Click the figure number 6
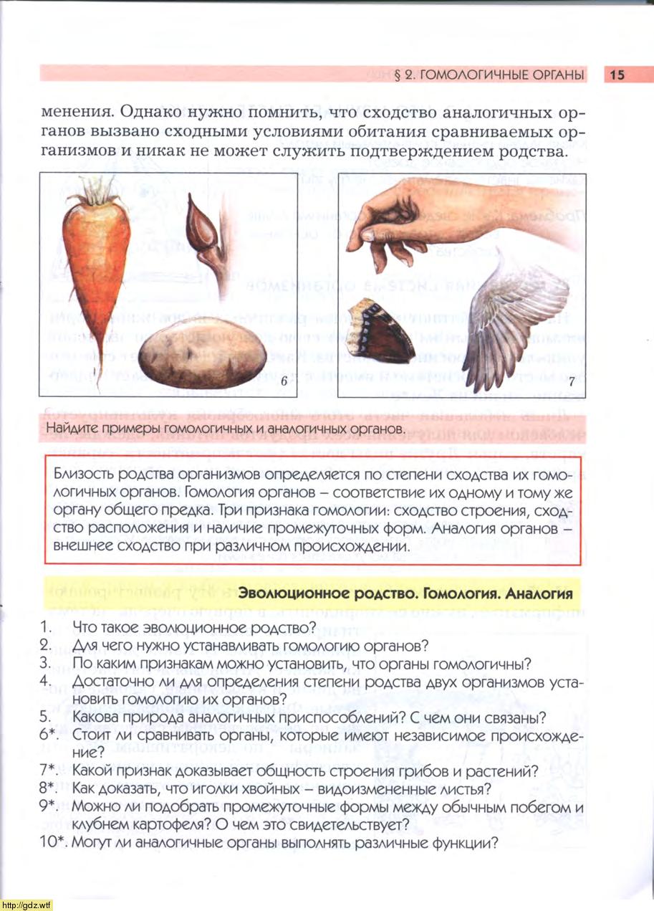[284, 382]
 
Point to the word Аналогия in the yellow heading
[539, 593]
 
